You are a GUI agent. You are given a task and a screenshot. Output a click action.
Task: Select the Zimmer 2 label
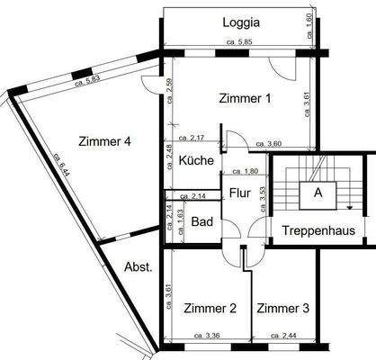coord(210,309)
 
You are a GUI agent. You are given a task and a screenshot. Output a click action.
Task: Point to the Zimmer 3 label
coord(282,309)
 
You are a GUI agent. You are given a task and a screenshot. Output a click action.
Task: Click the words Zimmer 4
coord(105,141)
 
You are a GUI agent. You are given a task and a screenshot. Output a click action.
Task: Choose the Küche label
coord(195,161)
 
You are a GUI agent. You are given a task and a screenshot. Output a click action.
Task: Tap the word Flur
coord(239,192)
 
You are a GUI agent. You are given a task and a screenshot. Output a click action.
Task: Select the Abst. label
coord(138,266)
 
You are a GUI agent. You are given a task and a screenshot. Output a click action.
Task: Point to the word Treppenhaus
coord(318,231)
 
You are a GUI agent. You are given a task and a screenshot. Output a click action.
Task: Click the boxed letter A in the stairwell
coord(318,192)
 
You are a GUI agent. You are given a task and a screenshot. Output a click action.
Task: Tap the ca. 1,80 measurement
coord(245,171)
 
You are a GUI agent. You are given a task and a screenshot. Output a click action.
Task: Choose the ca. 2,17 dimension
coord(192,139)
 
